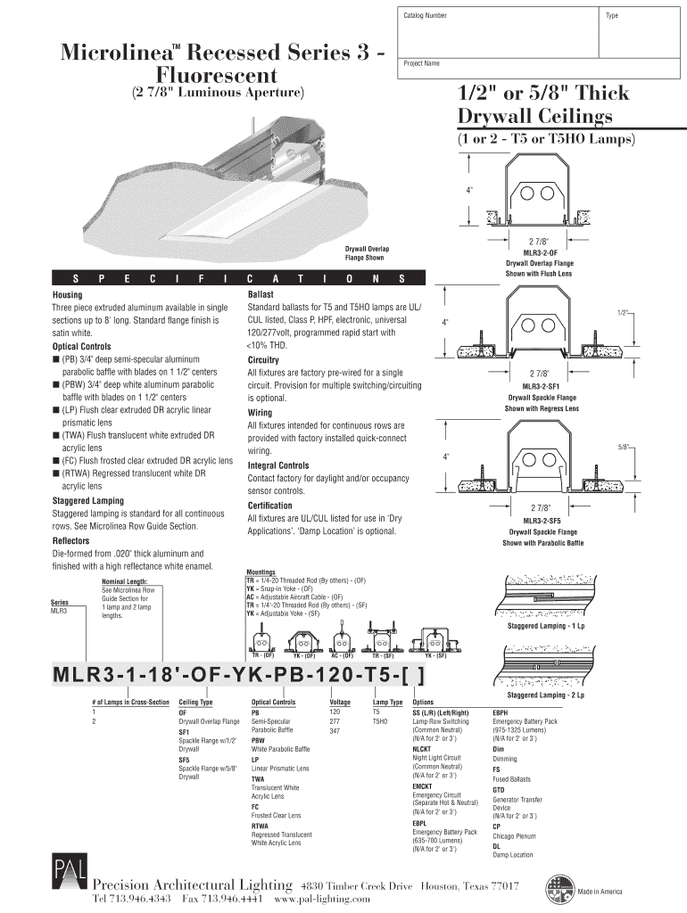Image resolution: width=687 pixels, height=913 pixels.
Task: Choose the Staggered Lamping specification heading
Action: pos(88,501)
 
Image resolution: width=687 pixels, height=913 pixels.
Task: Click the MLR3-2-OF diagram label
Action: pos(540,253)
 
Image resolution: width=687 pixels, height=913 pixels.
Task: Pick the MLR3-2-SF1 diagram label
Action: pos(541,386)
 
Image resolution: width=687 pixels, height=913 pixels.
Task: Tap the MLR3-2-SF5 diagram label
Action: pos(541,520)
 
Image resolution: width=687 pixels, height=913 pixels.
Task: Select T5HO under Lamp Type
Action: pos(381,721)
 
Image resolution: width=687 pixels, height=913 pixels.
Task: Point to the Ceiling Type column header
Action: pos(203,703)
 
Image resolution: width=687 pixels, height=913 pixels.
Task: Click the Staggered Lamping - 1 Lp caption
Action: pos(546,625)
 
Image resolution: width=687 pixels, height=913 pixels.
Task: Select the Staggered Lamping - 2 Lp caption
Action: pos(546,695)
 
